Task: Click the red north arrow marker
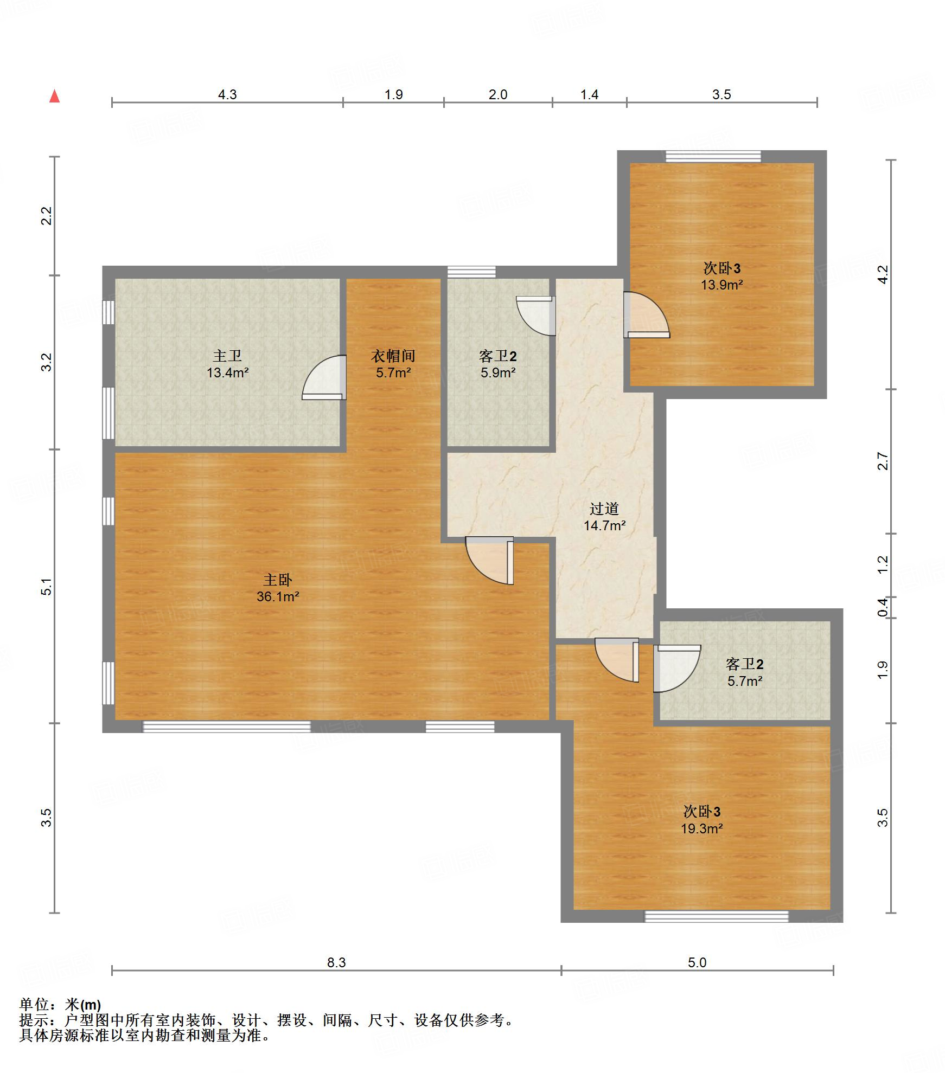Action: coord(54,96)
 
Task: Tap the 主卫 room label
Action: coord(227,356)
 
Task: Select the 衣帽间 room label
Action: coord(393,356)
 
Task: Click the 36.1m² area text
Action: coord(278,597)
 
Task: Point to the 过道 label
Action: coord(604,509)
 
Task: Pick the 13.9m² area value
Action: coord(721,285)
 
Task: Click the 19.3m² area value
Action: coord(702,828)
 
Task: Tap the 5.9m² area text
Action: coord(498,372)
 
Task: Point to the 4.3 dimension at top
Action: coord(227,95)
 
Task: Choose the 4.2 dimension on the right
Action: coord(883,274)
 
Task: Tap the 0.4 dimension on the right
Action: coord(883,607)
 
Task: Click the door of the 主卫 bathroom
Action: coord(324,378)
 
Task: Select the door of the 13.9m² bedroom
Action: coord(646,314)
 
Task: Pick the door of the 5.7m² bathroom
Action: coord(676,669)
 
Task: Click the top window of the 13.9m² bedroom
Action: coord(713,156)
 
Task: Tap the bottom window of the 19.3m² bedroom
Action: coord(716,916)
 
